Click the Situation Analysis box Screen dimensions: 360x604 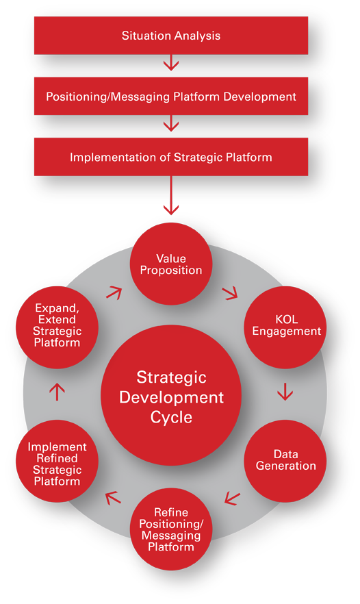(171, 36)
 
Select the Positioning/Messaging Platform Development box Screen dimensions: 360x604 (171, 96)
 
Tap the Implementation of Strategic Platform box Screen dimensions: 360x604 (171, 157)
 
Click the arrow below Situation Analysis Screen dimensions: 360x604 (171, 62)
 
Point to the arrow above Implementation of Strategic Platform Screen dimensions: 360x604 (171, 123)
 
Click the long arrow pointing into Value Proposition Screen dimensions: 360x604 (171, 195)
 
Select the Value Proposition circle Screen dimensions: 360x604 (171, 264)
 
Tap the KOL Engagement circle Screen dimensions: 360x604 (285, 327)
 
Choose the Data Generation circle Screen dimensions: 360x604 (285, 461)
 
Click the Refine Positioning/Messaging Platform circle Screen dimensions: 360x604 (171, 529)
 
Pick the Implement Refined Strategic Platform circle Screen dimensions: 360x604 (57, 461)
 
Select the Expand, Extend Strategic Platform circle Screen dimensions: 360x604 (57, 327)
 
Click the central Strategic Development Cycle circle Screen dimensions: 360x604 (171, 395)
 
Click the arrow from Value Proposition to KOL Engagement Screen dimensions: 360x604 (230, 294)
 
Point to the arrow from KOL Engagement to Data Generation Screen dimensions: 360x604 (285, 392)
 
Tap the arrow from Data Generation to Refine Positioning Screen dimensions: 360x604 (232, 498)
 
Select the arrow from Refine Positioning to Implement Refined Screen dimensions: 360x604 (113, 497)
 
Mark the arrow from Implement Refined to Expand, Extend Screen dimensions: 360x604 (57, 392)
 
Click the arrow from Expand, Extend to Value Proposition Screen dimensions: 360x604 (114, 293)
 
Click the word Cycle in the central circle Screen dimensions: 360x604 (171, 418)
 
